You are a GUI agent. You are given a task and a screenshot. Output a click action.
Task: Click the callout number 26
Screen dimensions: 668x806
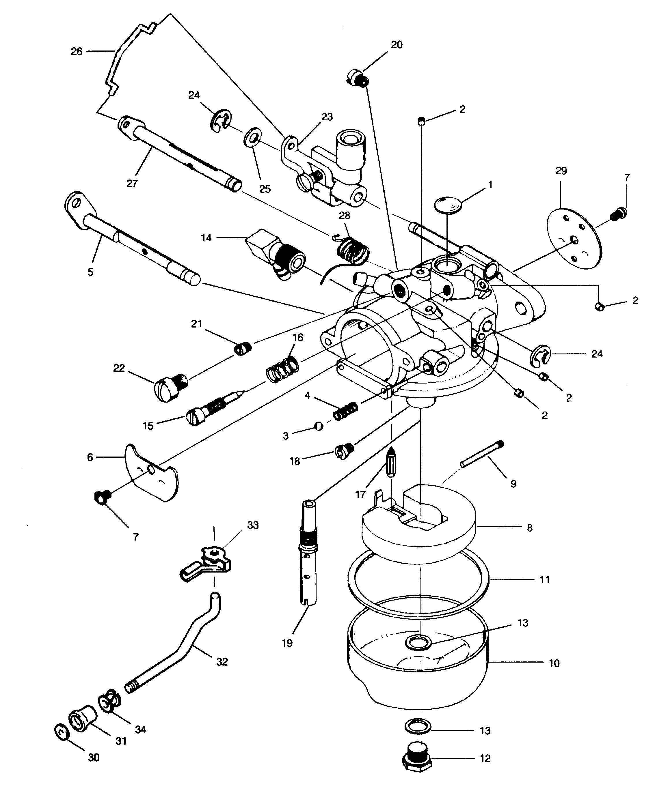click(x=77, y=51)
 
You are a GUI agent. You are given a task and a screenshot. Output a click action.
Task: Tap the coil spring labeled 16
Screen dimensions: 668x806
click(x=283, y=369)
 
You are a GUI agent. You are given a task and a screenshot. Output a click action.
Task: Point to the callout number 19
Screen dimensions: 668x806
click(x=287, y=643)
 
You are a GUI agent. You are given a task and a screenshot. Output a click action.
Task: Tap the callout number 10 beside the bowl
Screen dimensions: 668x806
click(x=554, y=663)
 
